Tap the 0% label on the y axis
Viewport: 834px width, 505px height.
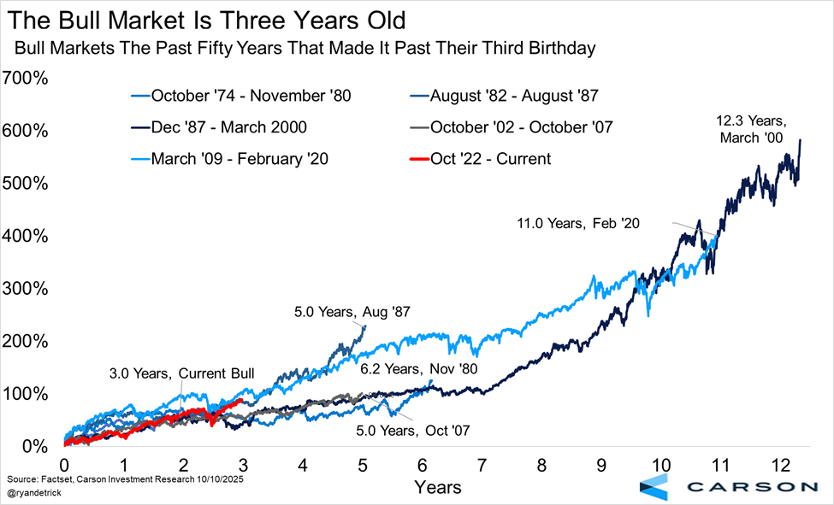click(x=34, y=447)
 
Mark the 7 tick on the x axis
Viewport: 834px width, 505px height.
click(x=482, y=466)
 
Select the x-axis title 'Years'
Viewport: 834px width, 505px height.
click(x=438, y=487)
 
